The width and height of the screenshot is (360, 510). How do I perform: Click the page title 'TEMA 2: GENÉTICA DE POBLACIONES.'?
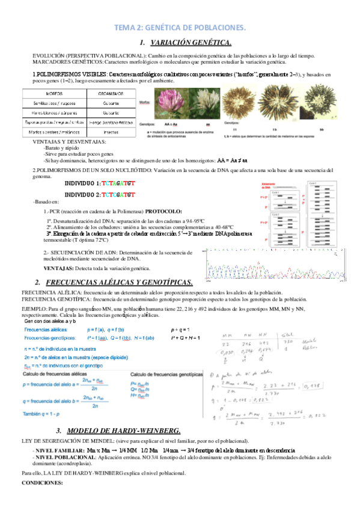click(x=180, y=28)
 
